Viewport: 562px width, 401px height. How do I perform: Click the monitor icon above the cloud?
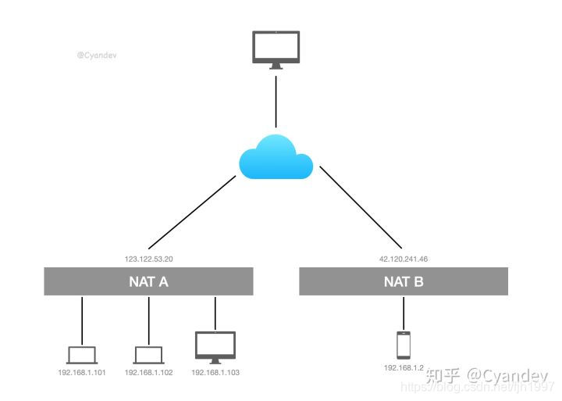coord(276,48)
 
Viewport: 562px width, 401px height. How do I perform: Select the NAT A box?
coord(148,281)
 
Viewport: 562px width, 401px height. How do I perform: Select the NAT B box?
coord(404,281)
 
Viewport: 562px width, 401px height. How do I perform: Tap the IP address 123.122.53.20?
coord(148,257)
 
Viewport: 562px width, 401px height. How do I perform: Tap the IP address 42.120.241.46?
coord(404,257)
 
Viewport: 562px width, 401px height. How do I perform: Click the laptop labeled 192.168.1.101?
coord(82,354)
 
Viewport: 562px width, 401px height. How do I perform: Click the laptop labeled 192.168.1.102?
coord(148,354)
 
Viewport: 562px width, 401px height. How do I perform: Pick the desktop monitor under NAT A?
coord(215,346)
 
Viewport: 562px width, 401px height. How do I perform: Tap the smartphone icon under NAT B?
coord(404,344)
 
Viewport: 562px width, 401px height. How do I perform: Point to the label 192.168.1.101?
coord(82,373)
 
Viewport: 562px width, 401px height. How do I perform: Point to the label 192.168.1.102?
coord(148,373)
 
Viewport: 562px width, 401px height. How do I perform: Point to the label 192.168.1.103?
coord(215,373)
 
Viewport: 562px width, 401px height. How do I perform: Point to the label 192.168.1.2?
coord(404,367)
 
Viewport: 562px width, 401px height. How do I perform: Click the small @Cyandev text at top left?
coord(97,55)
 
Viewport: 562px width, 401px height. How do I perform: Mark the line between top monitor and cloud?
coord(276,102)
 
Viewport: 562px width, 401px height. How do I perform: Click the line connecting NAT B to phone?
coord(404,313)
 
